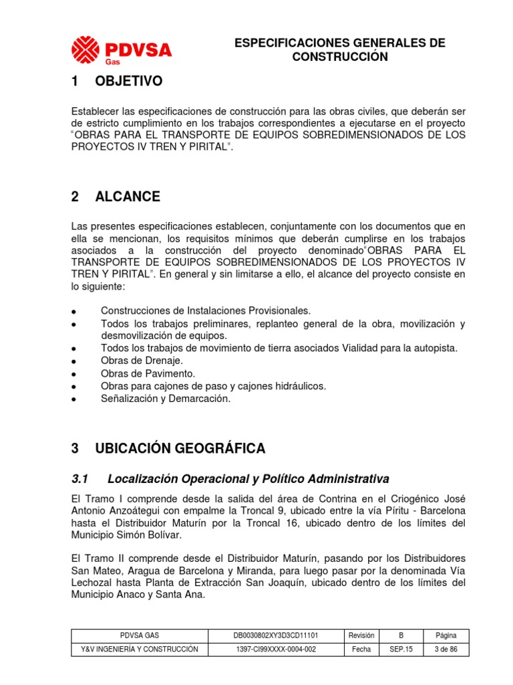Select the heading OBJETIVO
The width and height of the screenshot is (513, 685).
point(128,82)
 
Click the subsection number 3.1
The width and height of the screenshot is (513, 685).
point(79,480)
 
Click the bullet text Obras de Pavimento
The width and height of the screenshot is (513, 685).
point(148,373)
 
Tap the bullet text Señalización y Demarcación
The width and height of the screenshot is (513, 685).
point(165,399)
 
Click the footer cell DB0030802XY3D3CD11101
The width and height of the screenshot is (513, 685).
point(275,635)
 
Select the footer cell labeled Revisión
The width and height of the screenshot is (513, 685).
point(361,635)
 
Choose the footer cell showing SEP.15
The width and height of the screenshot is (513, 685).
point(401,650)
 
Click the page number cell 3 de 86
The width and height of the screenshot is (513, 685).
point(446,650)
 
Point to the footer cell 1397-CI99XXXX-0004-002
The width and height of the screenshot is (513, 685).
point(275,650)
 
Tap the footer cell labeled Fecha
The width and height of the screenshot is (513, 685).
point(361,650)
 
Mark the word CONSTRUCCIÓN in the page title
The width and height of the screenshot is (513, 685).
point(339,57)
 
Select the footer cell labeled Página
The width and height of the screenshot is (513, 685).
point(446,635)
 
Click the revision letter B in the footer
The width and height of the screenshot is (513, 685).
point(401,635)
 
